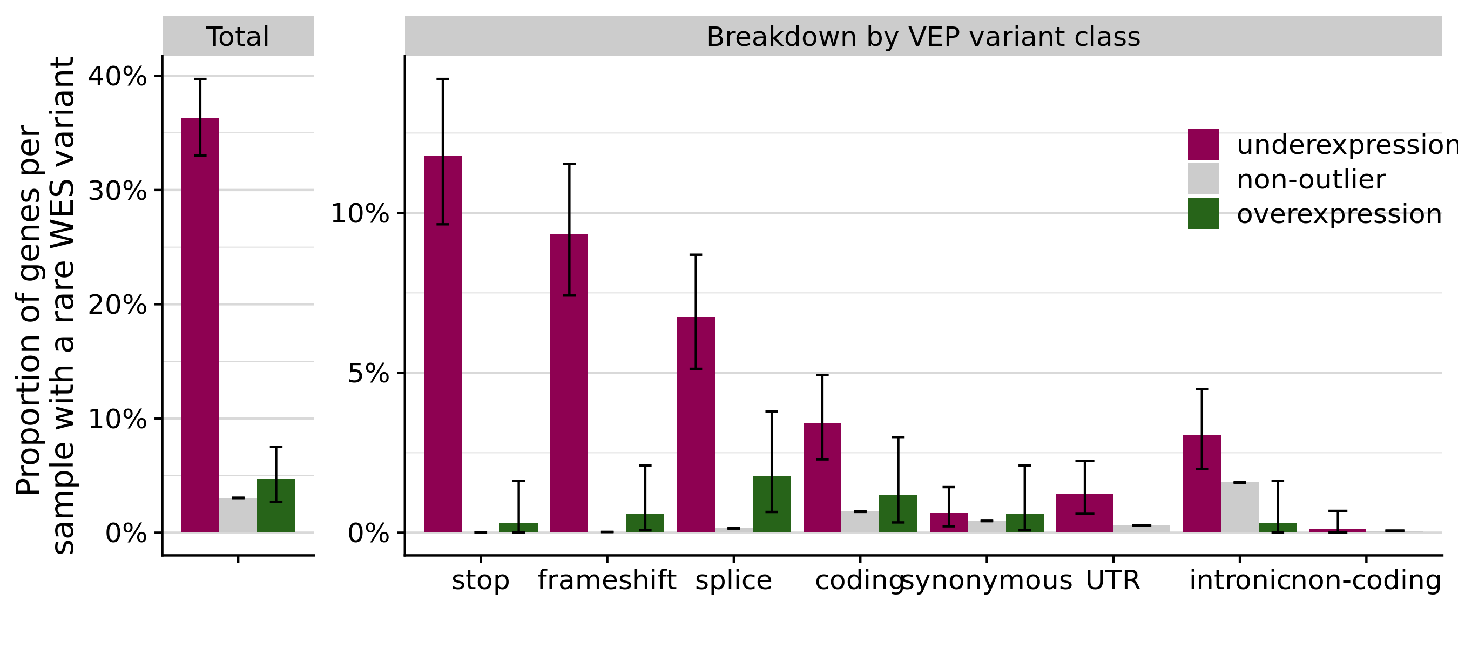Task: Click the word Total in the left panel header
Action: [x=238, y=37]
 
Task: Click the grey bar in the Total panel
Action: [x=238, y=516]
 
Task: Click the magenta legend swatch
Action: [x=1203, y=144]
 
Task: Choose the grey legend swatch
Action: [x=1203, y=179]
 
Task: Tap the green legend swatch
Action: [x=1203, y=213]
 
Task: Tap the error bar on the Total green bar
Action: [x=276, y=490]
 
